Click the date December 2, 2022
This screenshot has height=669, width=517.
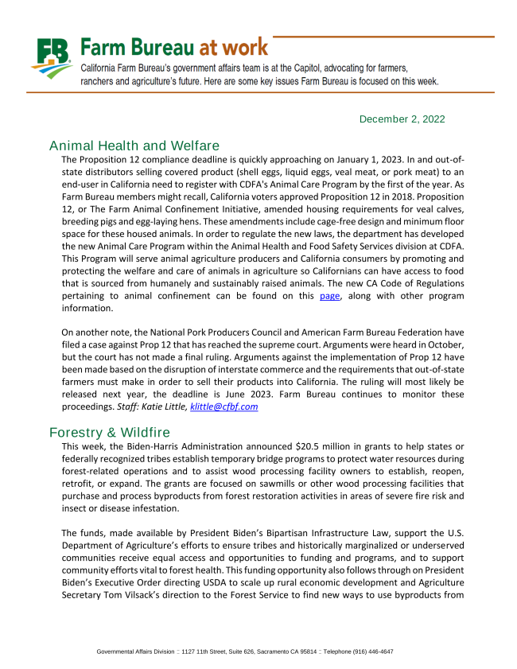402,119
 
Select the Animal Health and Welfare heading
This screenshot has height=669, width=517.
134,146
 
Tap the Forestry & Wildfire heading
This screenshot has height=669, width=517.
110,432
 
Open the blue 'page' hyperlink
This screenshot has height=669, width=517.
329,295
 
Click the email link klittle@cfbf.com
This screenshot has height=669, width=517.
224,406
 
